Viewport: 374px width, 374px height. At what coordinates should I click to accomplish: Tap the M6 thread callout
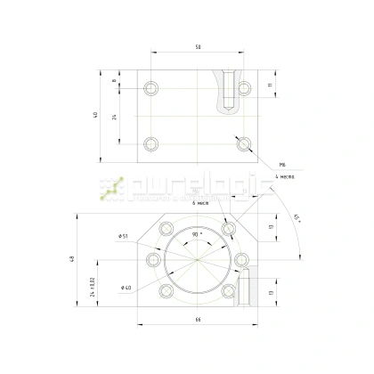tap(281, 165)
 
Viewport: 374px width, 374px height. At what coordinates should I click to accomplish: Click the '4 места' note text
tap(285, 176)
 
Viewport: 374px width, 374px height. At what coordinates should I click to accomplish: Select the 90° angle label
tap(196, 233)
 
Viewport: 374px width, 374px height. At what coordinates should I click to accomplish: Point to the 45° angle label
tap(297, 218)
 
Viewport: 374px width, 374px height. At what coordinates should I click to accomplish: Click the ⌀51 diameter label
tap(122, 236)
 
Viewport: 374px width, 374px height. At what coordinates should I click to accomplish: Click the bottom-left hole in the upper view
tap(150, 142)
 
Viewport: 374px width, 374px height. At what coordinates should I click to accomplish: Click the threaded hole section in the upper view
tap(229, 90)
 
